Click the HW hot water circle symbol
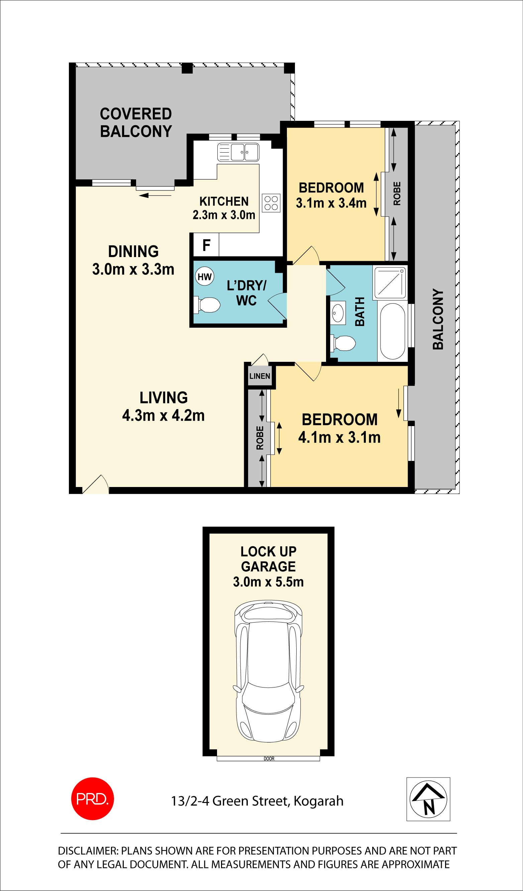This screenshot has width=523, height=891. (x=204, y=277)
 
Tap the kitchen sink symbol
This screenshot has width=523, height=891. (x=238, y=152)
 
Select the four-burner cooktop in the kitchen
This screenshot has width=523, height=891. (x=271, y=203)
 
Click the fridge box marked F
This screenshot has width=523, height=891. (x=206, y=245)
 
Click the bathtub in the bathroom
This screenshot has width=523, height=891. (x=393, y=331)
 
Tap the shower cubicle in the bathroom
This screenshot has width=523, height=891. (x=390, y=283)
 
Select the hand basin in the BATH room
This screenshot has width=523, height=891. (x=338, y=313)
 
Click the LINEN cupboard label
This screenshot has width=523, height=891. (x=259, y=376)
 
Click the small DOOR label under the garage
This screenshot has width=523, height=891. (x=269, y=759)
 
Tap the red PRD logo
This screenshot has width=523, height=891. (x=93, y=799)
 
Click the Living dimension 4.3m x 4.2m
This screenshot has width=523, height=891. (x=163, y=416)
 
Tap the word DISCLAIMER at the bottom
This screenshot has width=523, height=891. (x=88, y=851)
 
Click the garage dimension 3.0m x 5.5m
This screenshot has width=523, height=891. (x=269, y=582)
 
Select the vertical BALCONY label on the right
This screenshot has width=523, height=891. (x=438, y=319)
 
